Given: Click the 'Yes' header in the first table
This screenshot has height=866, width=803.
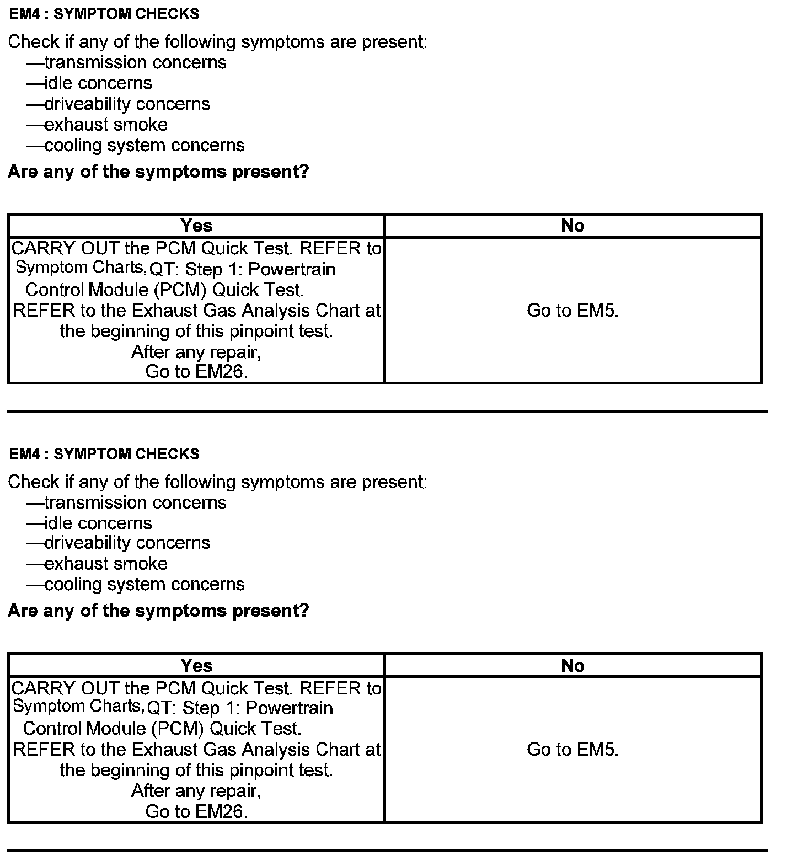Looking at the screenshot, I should [x=196, y=226].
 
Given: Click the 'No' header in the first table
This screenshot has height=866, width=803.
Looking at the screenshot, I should [x=572, y=226].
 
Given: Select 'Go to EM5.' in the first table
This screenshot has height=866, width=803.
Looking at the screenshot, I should [x=572, y=311].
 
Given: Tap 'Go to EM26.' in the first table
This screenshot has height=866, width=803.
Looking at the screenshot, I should [x=196, y=372].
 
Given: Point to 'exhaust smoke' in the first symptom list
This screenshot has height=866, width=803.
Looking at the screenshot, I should [x=106, y=125].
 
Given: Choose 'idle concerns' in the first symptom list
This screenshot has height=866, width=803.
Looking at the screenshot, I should [x=98, y=83].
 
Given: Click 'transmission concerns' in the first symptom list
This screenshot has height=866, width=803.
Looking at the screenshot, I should [x=135, y=62].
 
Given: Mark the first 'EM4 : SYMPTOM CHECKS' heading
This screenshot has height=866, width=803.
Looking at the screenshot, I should [x=104, y=14].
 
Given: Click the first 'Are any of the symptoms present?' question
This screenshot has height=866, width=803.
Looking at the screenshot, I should [x=158, y=172].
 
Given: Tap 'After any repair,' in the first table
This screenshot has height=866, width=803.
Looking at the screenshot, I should [x=196, y=351].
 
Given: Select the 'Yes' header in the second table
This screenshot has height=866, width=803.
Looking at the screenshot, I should [x=196, y=666].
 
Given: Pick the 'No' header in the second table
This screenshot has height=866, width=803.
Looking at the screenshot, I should [x=572, y=666].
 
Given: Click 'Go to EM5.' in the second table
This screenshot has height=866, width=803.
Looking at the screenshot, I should [x=572, y=750].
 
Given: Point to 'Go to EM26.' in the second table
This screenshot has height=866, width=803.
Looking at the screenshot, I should [x=196, y=811].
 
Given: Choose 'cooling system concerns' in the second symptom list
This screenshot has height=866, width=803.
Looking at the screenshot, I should [x=144, y=584].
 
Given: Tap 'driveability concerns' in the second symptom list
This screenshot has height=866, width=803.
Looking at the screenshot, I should [x=127, y=543].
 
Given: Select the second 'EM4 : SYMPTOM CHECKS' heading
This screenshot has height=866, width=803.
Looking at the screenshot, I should [x=104, y=454].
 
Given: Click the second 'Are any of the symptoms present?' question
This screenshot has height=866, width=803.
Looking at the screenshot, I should [x=158, y=611].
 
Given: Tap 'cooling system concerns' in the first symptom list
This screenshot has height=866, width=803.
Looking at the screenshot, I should [x=144, y=145].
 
